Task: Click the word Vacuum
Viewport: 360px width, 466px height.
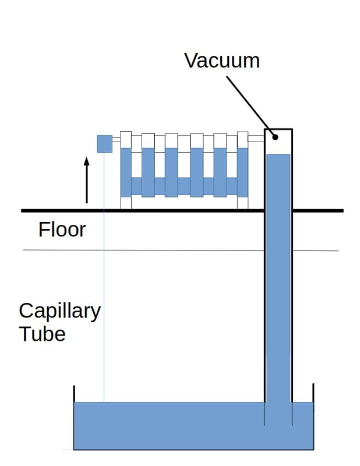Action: (x=221, y=60)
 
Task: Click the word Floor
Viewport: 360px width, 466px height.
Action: (x=62, y=230)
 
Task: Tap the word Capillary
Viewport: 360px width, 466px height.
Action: (x=59, y=312)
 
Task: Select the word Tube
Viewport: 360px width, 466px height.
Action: (x=42, y=334)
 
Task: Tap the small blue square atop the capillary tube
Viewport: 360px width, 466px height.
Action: (x=104, y=143)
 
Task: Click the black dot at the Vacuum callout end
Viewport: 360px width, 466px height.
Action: (x=274, y=138)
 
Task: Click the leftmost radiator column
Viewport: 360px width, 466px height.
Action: (x=126, y=169)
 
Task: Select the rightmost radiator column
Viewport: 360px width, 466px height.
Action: (x=242, y=169)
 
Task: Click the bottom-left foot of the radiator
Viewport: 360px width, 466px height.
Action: (x=126, y=203)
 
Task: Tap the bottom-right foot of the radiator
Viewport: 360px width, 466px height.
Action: (x=242, y=203)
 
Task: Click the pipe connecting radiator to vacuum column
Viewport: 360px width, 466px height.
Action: (x=256, y=139)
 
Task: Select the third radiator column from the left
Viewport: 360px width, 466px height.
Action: (x=171, y=169)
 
